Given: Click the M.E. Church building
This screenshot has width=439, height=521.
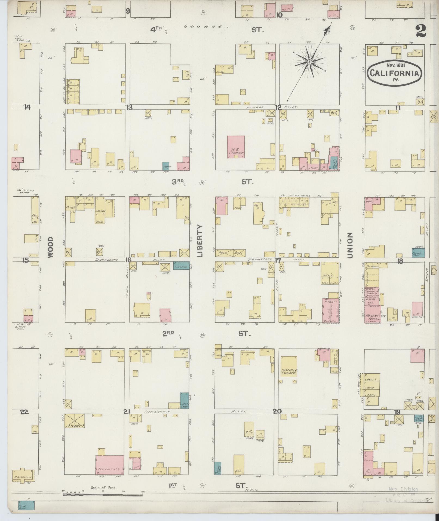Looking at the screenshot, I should point(236,147).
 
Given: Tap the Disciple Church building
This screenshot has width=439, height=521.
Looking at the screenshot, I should point(289,367).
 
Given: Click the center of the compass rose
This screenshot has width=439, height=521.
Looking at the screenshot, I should point(309,62).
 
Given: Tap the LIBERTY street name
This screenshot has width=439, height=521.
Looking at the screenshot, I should point(200,241).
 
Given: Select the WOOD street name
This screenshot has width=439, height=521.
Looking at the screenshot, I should point(51,247).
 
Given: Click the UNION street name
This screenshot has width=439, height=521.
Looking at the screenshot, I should point(350,245).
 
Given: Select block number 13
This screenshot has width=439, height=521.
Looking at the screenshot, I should point(129,107).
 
